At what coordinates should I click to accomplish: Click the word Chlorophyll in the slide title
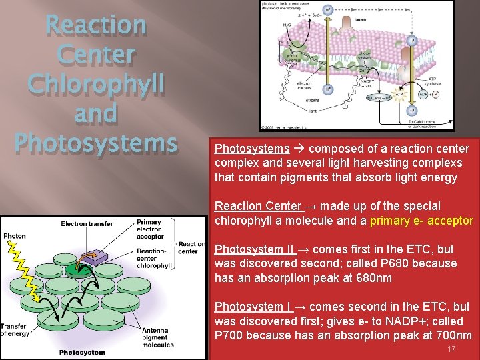96,85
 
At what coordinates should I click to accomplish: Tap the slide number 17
451,349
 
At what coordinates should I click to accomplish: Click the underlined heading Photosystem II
254,249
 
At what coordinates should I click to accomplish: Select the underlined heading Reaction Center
258,206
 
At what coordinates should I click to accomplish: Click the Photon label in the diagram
14,236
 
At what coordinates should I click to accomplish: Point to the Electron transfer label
87,224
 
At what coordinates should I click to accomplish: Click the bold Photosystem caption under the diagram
82,352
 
